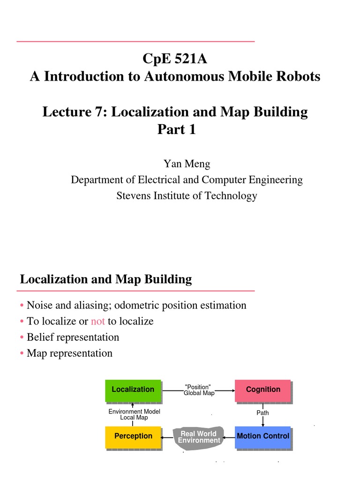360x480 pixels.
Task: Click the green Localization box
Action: click(x=133, y=390)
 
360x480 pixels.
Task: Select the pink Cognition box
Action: click(x=262, y=390)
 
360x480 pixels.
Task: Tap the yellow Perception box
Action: click(x=133, y=436)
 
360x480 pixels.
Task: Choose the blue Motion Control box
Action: click(x=262, y=436)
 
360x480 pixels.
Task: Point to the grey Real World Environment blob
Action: click(x=199, y=437)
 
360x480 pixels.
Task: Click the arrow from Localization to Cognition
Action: click(x=225, y=390)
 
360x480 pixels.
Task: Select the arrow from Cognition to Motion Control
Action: click(x=263, y=420)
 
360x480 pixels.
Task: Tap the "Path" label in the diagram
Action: click(x=262, y=413)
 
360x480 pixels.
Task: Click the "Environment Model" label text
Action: click(x=134, y=412)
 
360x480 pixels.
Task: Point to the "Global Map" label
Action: click(x=199, y=393)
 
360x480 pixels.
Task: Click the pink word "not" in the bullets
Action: click(x=97, y=321)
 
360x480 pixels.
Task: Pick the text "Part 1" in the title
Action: click(x=176, y=130)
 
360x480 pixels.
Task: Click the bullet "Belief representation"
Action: click(x=73, y=337)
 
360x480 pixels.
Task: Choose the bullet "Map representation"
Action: click(x=69, y=353)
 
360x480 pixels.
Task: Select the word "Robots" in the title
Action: click(x=299, y=76)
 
